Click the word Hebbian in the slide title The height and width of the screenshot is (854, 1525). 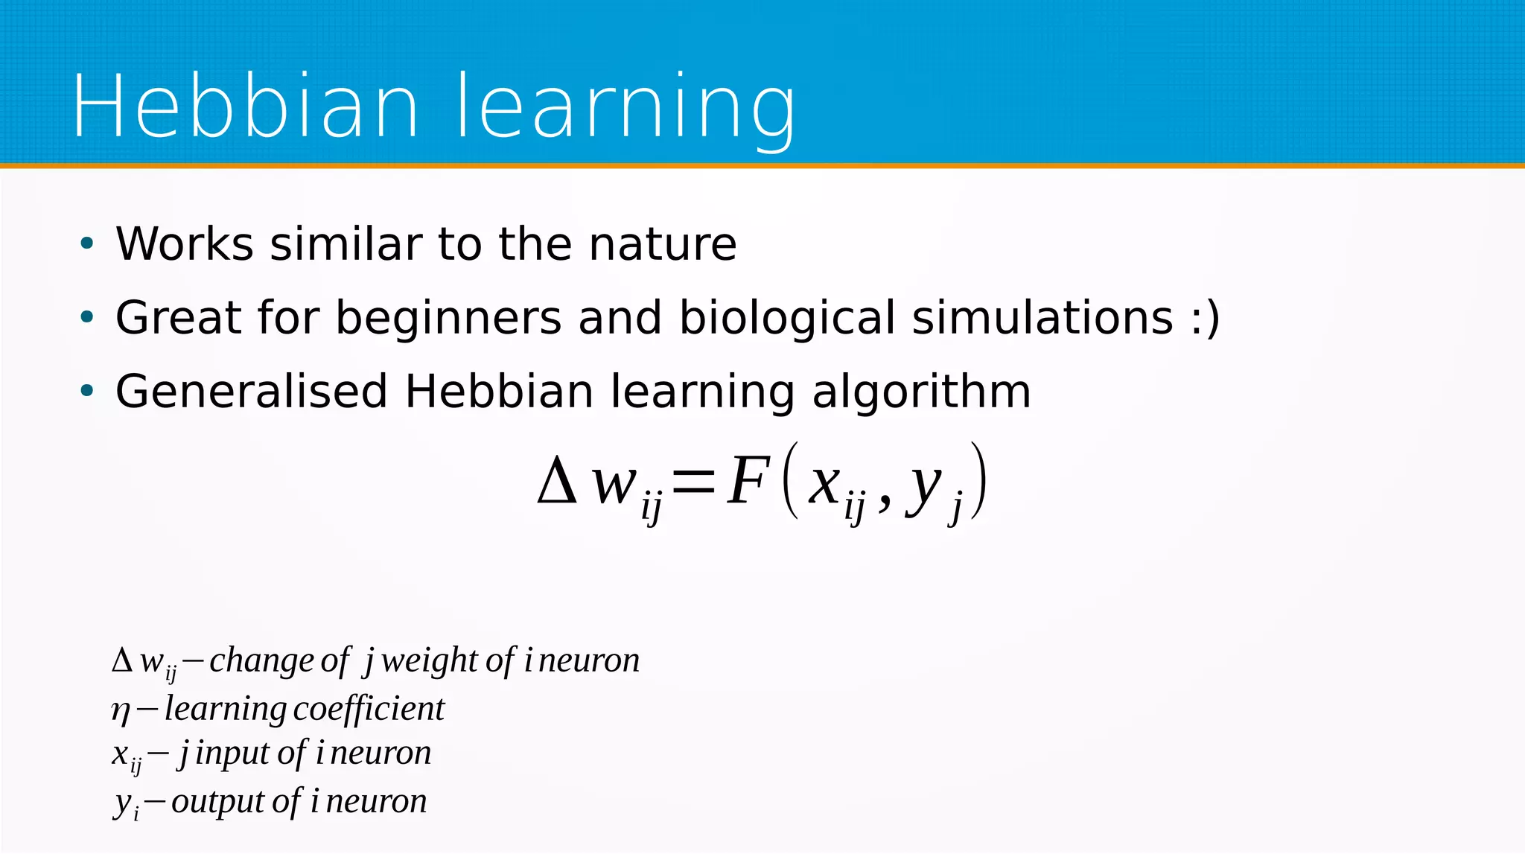click(246, 106)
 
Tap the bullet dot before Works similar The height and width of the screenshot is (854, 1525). click(87, 243)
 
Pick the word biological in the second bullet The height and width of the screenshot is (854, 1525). click(786, 319)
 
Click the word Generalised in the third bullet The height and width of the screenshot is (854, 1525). click(252, 392)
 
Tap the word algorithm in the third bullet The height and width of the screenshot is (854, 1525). click(921, 392)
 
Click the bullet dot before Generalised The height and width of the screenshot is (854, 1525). click(87, 391)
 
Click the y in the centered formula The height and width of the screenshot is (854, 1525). click(923, 488)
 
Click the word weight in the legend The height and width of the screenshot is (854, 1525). click(429, 660)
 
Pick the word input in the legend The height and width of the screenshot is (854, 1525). click(232, 753)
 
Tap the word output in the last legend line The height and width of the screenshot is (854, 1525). click(218, 802)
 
